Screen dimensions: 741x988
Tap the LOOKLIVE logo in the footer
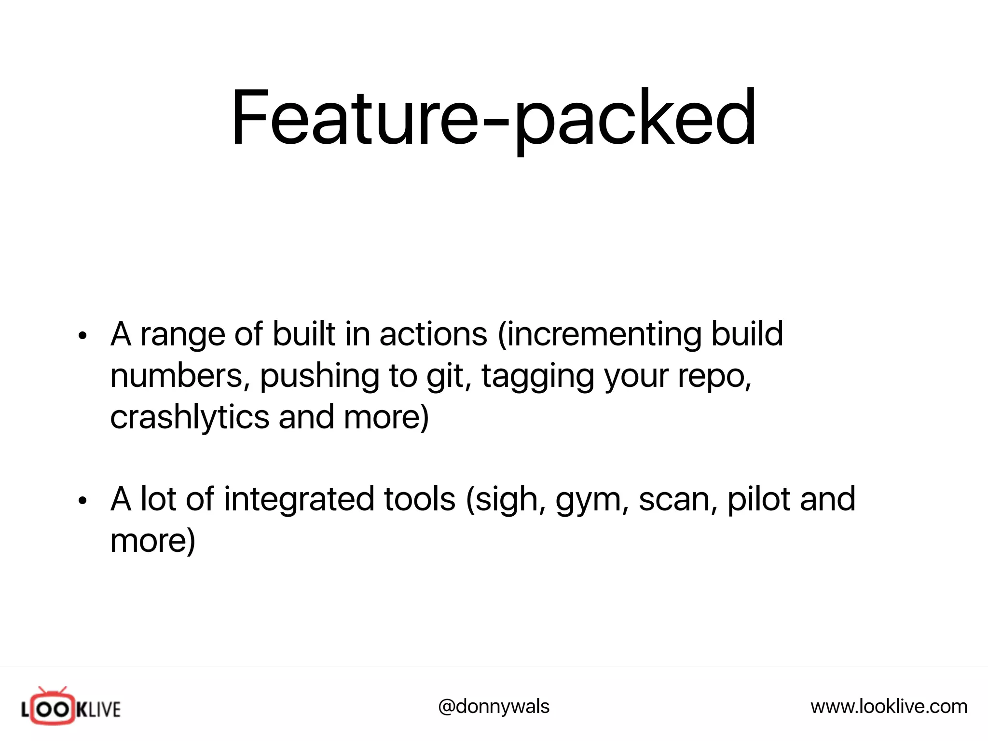coord(70,707)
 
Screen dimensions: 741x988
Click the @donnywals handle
coord(494,707)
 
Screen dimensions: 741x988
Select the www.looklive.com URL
coord(889,707)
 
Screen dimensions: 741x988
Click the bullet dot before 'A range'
coord(83,336)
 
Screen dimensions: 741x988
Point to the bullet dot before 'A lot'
coord(83,501)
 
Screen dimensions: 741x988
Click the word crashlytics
coord(190,417)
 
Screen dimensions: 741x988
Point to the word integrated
coord(299,500)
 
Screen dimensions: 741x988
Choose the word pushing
coord(319,376)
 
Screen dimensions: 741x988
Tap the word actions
coord(433,334)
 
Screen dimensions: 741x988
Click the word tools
coord(419,499)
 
